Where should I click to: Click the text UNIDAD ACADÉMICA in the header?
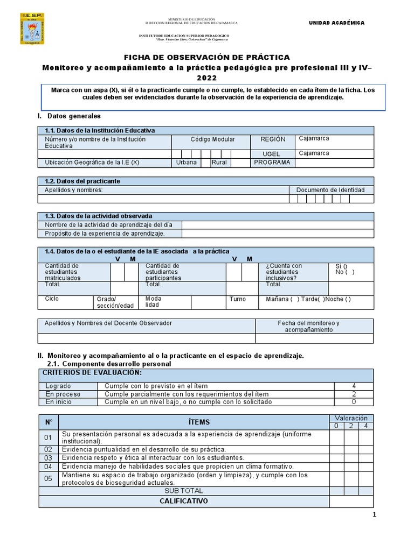pyautogui.click(x=336, y=23)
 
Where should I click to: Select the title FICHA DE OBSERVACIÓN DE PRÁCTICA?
pyautogui.click(x=207, y=57)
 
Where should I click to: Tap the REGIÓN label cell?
pyautogui.click(x=272, y=139)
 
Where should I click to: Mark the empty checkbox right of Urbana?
pyautogui.click(x=205, y=162)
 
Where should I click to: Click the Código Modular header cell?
pyautogui.click(x=212, y=139)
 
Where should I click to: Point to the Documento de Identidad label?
pyautogui.click(x=330, y=189)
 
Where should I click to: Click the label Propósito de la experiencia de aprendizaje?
pyautogui.click(x=105, y=234)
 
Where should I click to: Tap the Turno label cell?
pyautogui.click(x=237, y=299)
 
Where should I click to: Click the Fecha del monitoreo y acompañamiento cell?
pyautogui.click(x=308, y=326)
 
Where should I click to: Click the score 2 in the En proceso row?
pyautogui.click(x=354, y=394)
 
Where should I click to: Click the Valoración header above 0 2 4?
pyautogui.click(x=351, y=418)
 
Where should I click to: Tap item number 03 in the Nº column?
pyautogui.click(x=48, y=457)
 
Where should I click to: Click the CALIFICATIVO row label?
pyautogui.click(x=183, y=501)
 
